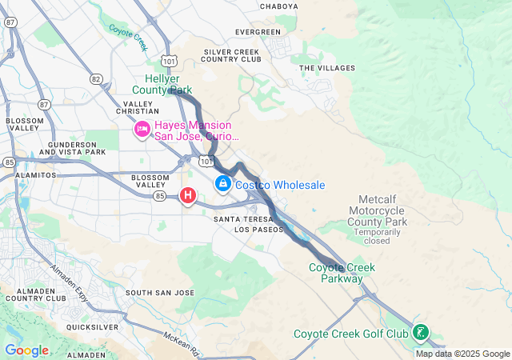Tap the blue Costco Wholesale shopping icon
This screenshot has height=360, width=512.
[222, 185]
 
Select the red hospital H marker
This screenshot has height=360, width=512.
[188, 195]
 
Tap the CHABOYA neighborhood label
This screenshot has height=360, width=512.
[278, 6]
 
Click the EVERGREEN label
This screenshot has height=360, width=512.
[258, 32]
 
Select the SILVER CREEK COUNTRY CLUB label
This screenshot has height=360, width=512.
[232, 55]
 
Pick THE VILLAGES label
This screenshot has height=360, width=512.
[326, 68]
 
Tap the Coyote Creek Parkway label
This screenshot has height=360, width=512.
[342, 273]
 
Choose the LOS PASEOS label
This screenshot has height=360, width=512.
[258, 230]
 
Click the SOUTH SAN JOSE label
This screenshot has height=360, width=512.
[159, 293]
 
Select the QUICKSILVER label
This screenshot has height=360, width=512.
[93, 327]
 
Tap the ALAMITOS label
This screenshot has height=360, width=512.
[36, 174]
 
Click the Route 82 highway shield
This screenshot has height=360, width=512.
[96, 78]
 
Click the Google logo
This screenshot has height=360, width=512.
[26, 350]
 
